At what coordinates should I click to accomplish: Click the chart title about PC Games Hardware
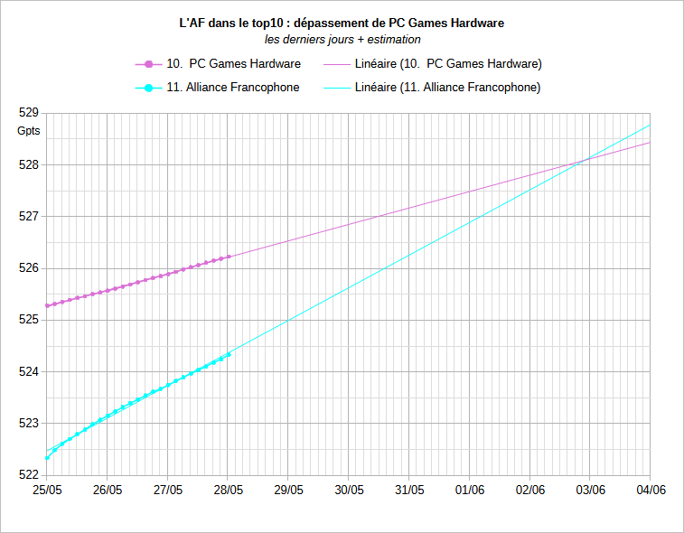pyautogui.click(x=342, y=23)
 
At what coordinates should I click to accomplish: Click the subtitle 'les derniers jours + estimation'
pyautogui.click(x=342, y=40)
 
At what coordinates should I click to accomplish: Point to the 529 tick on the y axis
pyautogui.click(x=29, y=113)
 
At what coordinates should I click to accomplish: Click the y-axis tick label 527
pyautogui.click(x=29, y=217)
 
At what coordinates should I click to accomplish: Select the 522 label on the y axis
pyautogui.click(x=29, y=475)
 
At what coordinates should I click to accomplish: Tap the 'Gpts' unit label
pyautogui.click(x=29, y=132)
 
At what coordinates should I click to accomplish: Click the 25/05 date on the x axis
pyautogui.click(x=47, y=490)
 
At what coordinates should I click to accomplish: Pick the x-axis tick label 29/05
pyautogui.click(x=288, y=490)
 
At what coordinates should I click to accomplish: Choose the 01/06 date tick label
pyautogui.click(x=470, y=490)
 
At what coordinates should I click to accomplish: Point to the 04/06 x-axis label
pyautogui.click(x=651, y=490)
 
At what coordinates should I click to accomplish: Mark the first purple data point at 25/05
pyautogui.click(x=47, y=306)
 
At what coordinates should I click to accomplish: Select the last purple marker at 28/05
pyautogui.click(x=229, y=257)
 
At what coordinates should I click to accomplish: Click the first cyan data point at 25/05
pyautogui.click(x=47, y=458)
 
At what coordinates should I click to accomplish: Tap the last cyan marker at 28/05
pyautogui.click(x=229, y=354)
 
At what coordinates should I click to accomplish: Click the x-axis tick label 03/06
pyautogui.click(x=590, y=490)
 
